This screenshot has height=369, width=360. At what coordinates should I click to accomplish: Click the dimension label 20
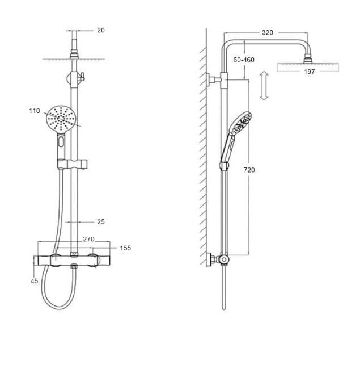pyautogui.click(x=101, y=30)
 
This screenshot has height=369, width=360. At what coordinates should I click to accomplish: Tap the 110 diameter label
pyautogui.click(x=35, y=111)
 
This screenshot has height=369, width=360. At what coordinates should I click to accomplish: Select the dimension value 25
pyautogui.click(x=101, y=221)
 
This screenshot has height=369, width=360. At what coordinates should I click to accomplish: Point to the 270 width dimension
pyautogui.click(x=88, y=239)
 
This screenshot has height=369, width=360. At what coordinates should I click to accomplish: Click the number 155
pyautogui.click(x=125, y=248)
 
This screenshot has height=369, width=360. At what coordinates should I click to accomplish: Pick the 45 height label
pyautogui.click(x=35, y=281)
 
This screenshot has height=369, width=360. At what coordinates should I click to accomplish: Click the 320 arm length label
pyautogui.click(x=268, y=32)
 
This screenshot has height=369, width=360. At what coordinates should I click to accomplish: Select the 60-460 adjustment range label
pyautogui.click(x=244, y=60)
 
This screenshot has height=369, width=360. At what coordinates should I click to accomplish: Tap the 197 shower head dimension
pyautogui.click(x=309, y=72)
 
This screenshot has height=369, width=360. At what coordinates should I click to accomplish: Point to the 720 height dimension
pyautogui.click(x=249, y=170)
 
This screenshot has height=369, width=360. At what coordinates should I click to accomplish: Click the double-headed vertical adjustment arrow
pyautogui.click(x=264, y=86)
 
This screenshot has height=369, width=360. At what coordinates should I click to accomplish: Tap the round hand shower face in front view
pyautogui.click(x=61, y=119)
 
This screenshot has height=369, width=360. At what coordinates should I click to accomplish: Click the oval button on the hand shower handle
pyautogui.click(x=61, y=142)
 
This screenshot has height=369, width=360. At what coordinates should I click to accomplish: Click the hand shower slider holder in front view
pyautogui.click(x=73, y=164)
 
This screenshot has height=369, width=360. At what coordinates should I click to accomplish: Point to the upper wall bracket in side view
pyautogui.click(x=213, y=80)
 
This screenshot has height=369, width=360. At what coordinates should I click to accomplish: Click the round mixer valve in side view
pyautogui.click(x=224, y=259)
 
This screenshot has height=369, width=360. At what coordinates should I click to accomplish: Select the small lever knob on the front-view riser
pyautogui.click(x=82, y=77)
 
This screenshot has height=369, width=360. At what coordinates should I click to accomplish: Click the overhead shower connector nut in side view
pyautogui.click(x=307, y=59)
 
